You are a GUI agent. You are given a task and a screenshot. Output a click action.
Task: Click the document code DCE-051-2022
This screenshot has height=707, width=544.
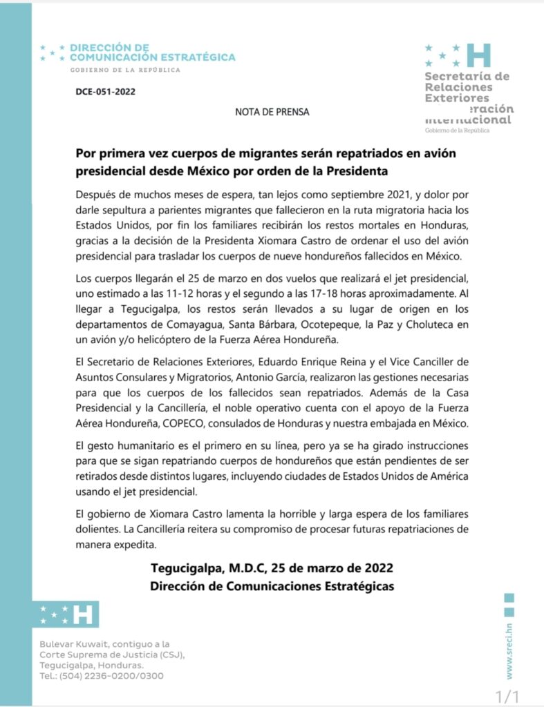[x=106, y=91]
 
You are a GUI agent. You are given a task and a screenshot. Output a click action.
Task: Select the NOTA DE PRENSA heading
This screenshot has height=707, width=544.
[x=272, y=111]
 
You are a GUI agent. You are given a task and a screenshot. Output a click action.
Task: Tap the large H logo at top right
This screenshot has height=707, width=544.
[x=478, y=55]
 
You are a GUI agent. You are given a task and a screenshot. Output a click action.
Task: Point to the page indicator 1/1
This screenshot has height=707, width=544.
[x=507, y=695]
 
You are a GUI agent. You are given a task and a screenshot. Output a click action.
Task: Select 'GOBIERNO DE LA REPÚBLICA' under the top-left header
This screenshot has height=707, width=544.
[x=125, y=70]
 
